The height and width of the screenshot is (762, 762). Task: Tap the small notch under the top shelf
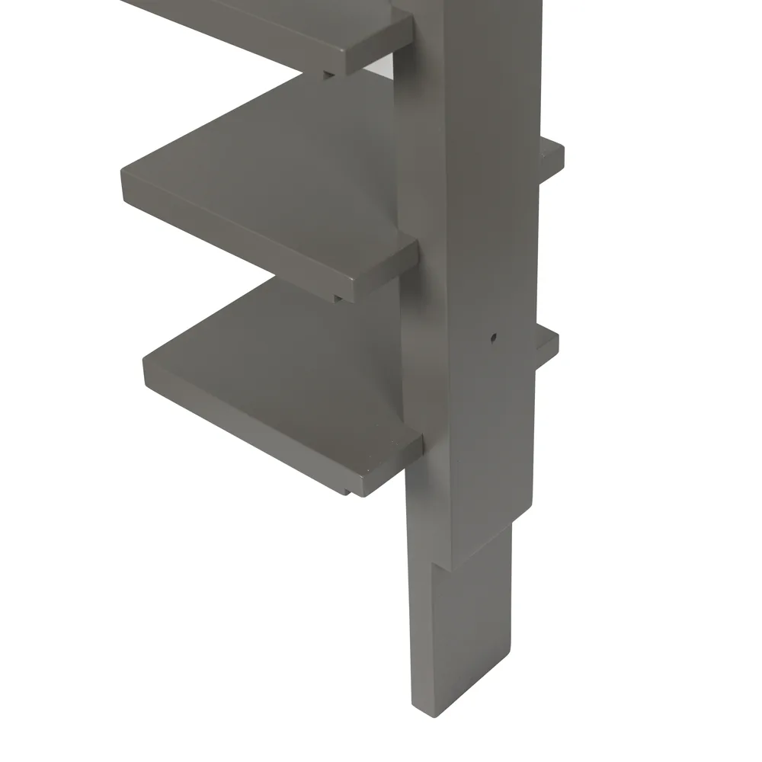click(328, 73)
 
